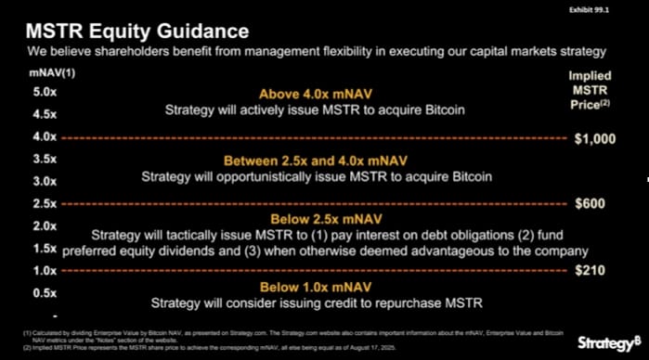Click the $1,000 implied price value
594,138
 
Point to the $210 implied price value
590,271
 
